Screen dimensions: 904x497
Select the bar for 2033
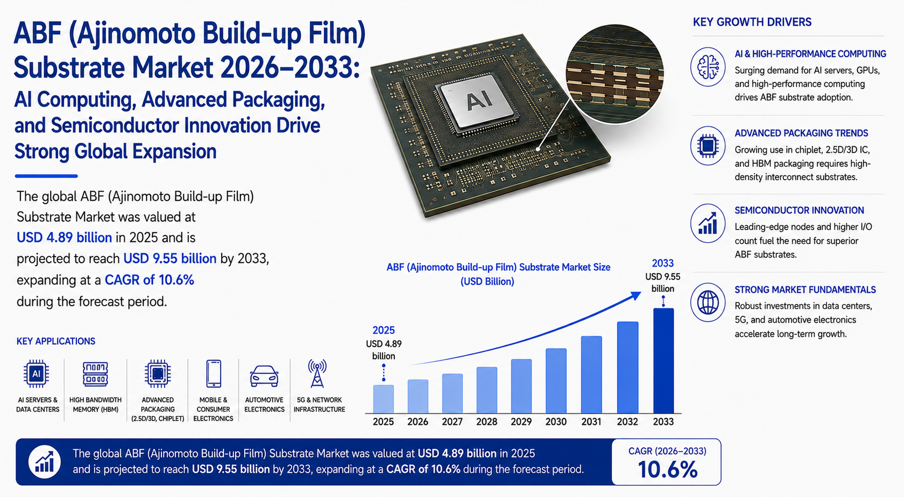664,361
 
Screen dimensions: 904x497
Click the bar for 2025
384,399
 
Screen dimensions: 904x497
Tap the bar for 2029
521,386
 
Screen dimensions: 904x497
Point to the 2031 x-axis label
591,422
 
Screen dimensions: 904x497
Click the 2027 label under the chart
452,422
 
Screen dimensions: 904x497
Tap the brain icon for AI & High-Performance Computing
708,67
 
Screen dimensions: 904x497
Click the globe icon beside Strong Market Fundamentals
708,302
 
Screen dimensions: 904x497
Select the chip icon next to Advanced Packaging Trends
708,145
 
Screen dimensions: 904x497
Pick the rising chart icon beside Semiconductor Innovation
708,223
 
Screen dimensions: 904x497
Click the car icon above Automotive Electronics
264,376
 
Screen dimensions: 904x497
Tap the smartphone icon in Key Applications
214,374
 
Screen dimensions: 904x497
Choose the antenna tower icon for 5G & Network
317,374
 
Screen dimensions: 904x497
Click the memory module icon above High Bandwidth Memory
95,374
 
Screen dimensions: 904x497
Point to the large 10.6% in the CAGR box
667,470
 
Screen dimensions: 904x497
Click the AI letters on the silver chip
479,100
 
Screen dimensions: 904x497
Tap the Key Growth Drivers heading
752,22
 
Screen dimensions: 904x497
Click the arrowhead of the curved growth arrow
636,296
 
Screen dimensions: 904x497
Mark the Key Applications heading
56,341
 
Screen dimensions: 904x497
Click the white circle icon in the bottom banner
44,462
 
